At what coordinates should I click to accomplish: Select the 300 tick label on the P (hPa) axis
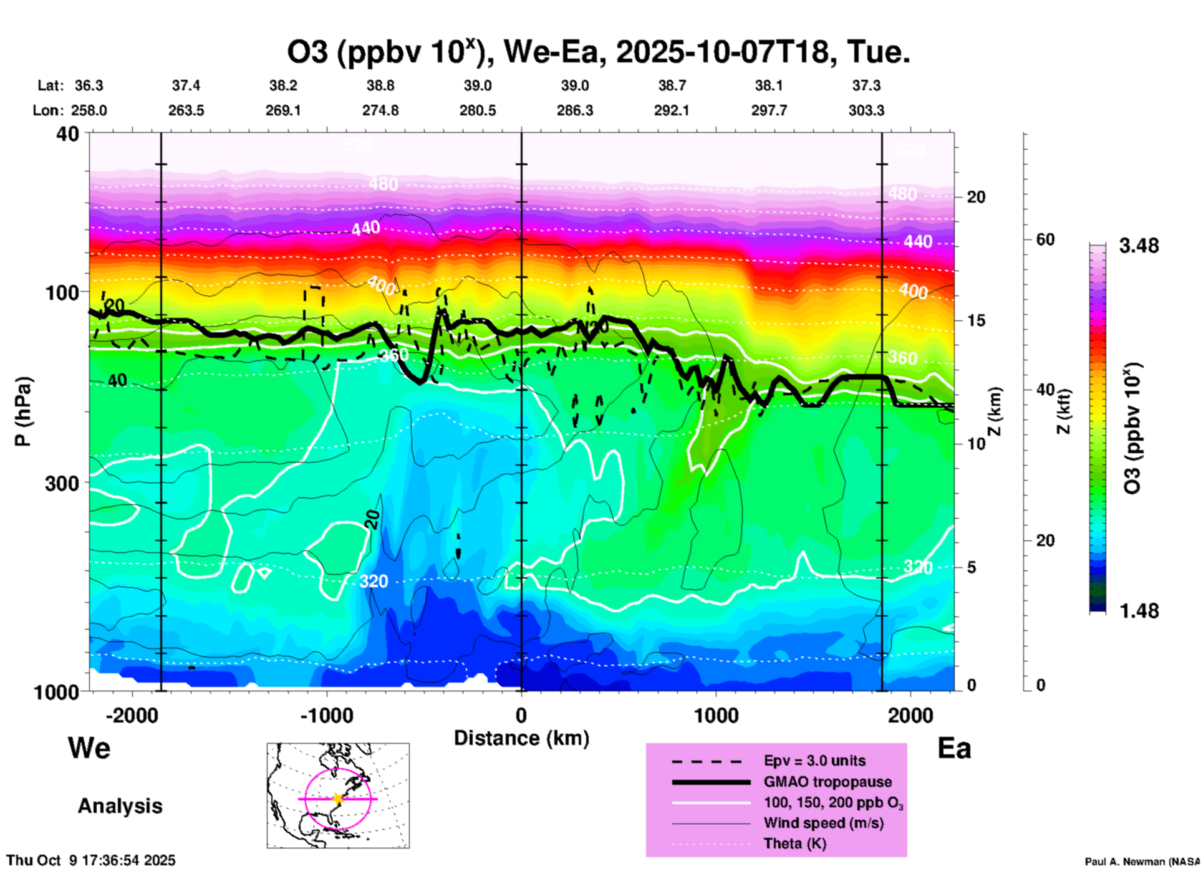(62, 483)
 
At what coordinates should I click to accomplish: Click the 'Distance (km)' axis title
(521, 738)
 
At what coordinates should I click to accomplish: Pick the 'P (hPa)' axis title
(23, 411)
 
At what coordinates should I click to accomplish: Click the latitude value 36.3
(89, 85)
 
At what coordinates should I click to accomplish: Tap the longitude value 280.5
(478, 110)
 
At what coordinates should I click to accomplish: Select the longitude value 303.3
(866, 110)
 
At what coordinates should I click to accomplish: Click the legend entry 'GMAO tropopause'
(827, 782)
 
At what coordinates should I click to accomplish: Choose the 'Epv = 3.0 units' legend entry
(814, 761)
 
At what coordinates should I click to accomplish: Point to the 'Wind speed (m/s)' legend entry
(823, 823)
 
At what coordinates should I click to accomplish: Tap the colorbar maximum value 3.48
(1139, 246)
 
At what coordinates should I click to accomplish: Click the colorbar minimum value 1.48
(1139, 611)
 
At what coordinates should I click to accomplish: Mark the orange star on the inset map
(338, 799)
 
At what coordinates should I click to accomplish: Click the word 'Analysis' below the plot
(120, 806)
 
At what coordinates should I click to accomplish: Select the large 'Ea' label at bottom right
(954, 749)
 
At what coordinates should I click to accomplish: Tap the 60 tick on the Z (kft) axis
(1046, 239)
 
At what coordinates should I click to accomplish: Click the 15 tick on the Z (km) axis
(976, 320)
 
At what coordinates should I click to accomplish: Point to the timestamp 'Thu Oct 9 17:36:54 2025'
(91, 860)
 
